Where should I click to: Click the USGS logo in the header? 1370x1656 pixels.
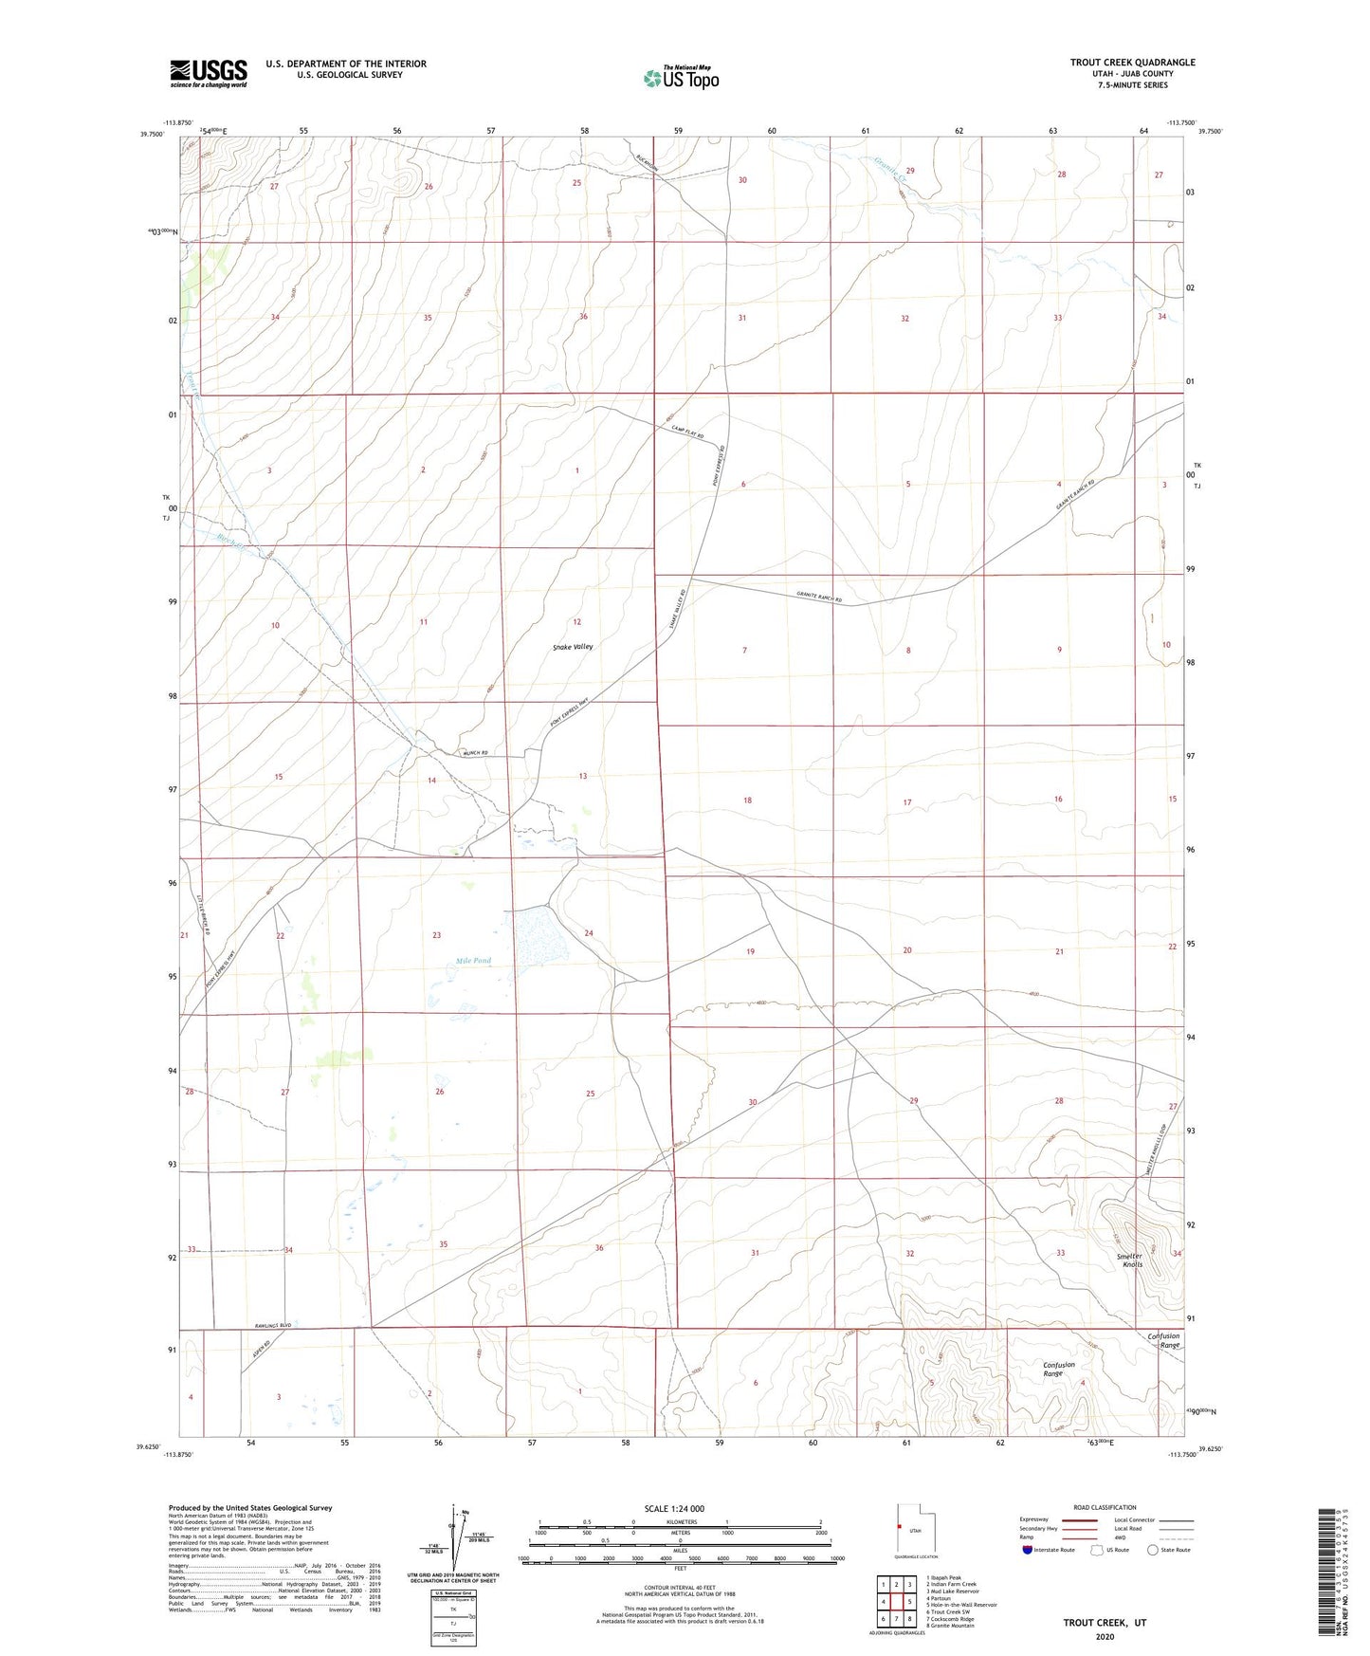[209, 73]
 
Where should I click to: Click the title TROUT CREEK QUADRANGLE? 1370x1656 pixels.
[1132, 63]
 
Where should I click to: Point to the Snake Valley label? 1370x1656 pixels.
[573, 647]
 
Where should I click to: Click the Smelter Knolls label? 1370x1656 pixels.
[1128, 1260]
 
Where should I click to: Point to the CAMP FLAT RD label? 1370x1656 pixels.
[684, 432]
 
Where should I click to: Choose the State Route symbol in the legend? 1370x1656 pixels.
[1152, 1550]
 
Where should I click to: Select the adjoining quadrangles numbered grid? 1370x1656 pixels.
[896, 1602]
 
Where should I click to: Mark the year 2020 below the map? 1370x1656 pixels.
[1104, 1636]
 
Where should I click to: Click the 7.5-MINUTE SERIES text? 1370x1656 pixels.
[1132, 85]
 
